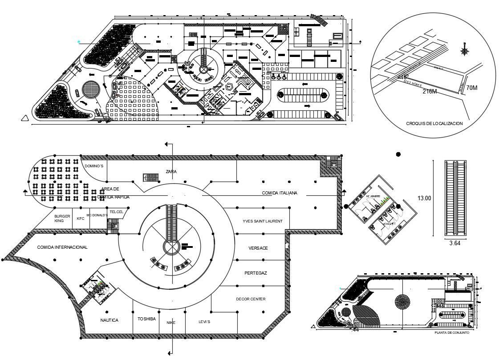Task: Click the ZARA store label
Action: pos(171,171)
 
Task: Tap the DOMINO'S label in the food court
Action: pos(94,166)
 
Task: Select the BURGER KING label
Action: pos(62,218)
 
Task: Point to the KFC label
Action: pos(81,218)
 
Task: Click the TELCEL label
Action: pos(116,212)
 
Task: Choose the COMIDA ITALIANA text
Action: pos(280,193)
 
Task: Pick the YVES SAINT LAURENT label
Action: pos(263,221)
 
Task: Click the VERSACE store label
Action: pos(258,248)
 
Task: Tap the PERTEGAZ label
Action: pos(256,272)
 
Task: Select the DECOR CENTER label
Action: pos(251,299)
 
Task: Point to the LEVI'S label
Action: pos(204,322)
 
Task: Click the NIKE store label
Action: pos(171,323)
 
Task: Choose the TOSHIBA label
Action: pos(146,319)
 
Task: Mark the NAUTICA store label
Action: pos(109,320)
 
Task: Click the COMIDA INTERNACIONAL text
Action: pos(62,247)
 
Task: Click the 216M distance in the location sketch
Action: pos(430,92)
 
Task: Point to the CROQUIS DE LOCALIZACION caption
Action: pos(434,123)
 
